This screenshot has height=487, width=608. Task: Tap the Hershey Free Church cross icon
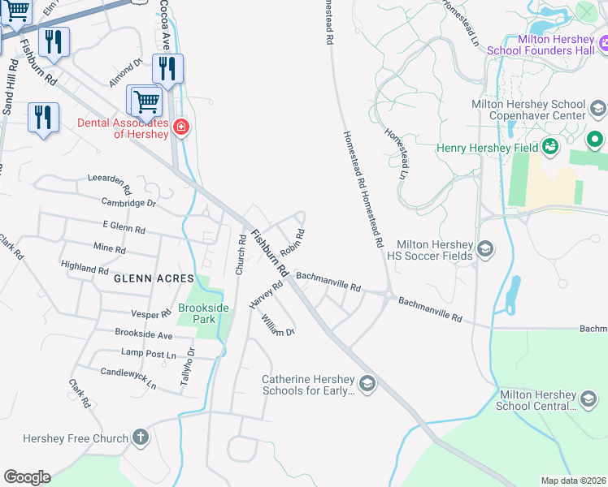tap(141, 438)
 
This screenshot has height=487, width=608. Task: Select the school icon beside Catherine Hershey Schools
tap(367, 384)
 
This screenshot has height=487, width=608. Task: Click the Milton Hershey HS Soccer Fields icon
tap(486, 249)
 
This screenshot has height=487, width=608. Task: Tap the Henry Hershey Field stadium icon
tap(551, 148)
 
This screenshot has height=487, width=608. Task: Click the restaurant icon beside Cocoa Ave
tap(167, 69)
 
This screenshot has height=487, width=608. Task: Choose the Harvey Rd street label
tap(265, 294)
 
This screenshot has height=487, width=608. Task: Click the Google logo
tap(27, 476)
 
